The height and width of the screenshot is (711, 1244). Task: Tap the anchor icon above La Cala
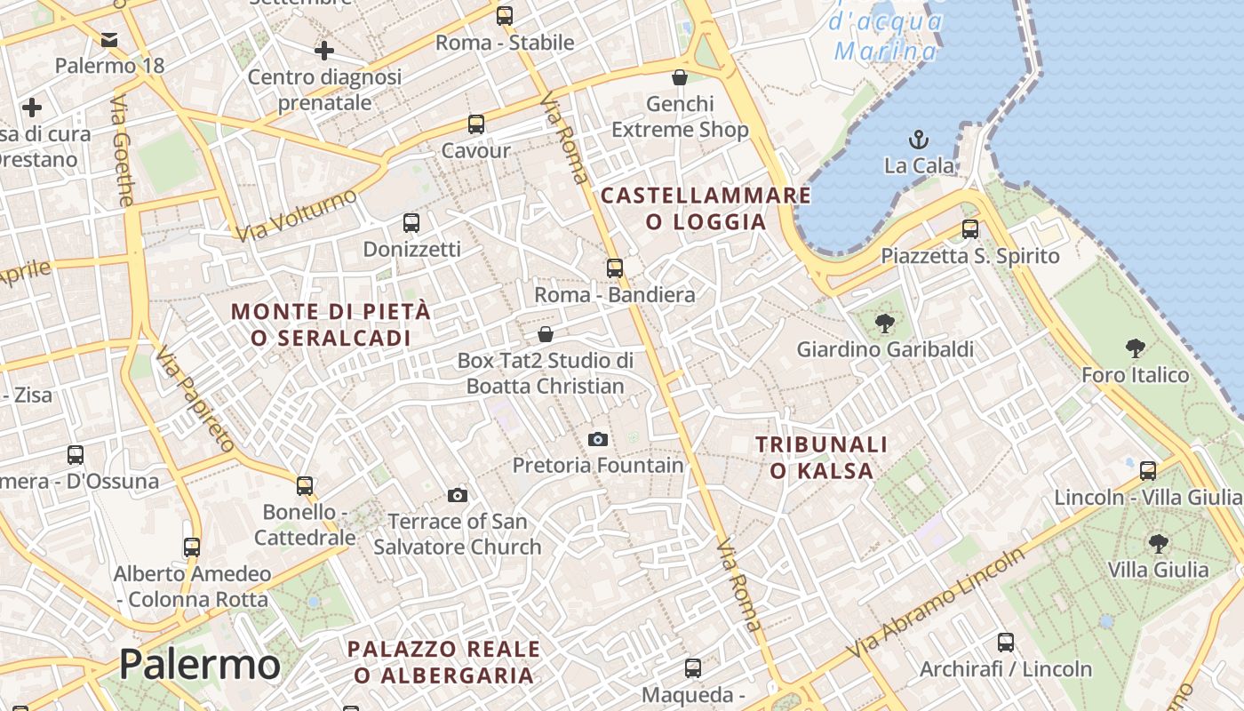coord(919,140)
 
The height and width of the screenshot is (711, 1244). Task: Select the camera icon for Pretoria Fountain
coord(598,439)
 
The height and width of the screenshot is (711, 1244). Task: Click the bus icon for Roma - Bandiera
coord(614,268)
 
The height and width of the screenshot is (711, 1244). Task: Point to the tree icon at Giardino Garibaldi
coord(884,324)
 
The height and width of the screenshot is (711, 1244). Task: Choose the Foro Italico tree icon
coord(1135,348)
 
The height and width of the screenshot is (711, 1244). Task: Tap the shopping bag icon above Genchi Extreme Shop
coord(680,77)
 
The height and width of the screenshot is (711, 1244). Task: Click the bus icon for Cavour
coord(476,124)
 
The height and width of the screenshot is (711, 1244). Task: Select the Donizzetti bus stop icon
coord(411,223)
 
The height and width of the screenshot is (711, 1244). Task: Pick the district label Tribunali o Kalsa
coord(821,457)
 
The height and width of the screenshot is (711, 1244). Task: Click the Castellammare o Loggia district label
coord(706,208)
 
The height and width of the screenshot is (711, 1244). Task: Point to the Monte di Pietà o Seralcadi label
coord(331,324)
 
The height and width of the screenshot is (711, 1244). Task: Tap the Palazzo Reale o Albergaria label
coord(443,661)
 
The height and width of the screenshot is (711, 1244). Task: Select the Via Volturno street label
coord(297,216)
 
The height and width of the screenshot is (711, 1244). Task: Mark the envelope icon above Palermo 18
coord(109,40)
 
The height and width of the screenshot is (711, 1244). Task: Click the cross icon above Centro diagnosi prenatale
coord(324,50)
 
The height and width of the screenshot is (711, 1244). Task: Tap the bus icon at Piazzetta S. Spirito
coord(970,229)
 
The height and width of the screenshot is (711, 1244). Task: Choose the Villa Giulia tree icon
coord(1158,543)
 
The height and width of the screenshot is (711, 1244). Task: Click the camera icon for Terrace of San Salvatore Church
coord(458,495)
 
